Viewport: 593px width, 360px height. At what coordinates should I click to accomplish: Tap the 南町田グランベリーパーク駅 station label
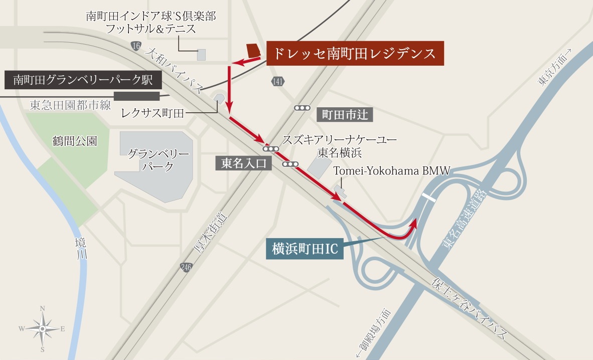[x=83, y=79]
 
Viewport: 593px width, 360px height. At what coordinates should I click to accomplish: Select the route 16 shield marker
[x=135, y=46]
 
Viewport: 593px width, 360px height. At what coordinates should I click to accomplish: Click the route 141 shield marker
[x=278, y=81]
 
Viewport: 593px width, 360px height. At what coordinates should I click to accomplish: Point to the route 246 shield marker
[x=186, y=268]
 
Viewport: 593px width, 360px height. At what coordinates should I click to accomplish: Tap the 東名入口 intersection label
[x=243, y=163]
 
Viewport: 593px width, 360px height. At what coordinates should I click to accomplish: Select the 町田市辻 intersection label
[x=345, y=115]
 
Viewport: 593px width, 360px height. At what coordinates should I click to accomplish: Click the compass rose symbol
[x=43, y=328]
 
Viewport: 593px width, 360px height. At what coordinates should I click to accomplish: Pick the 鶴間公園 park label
[x=75, y=141]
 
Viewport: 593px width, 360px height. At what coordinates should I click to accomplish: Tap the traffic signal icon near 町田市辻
[x=303, y=108]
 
